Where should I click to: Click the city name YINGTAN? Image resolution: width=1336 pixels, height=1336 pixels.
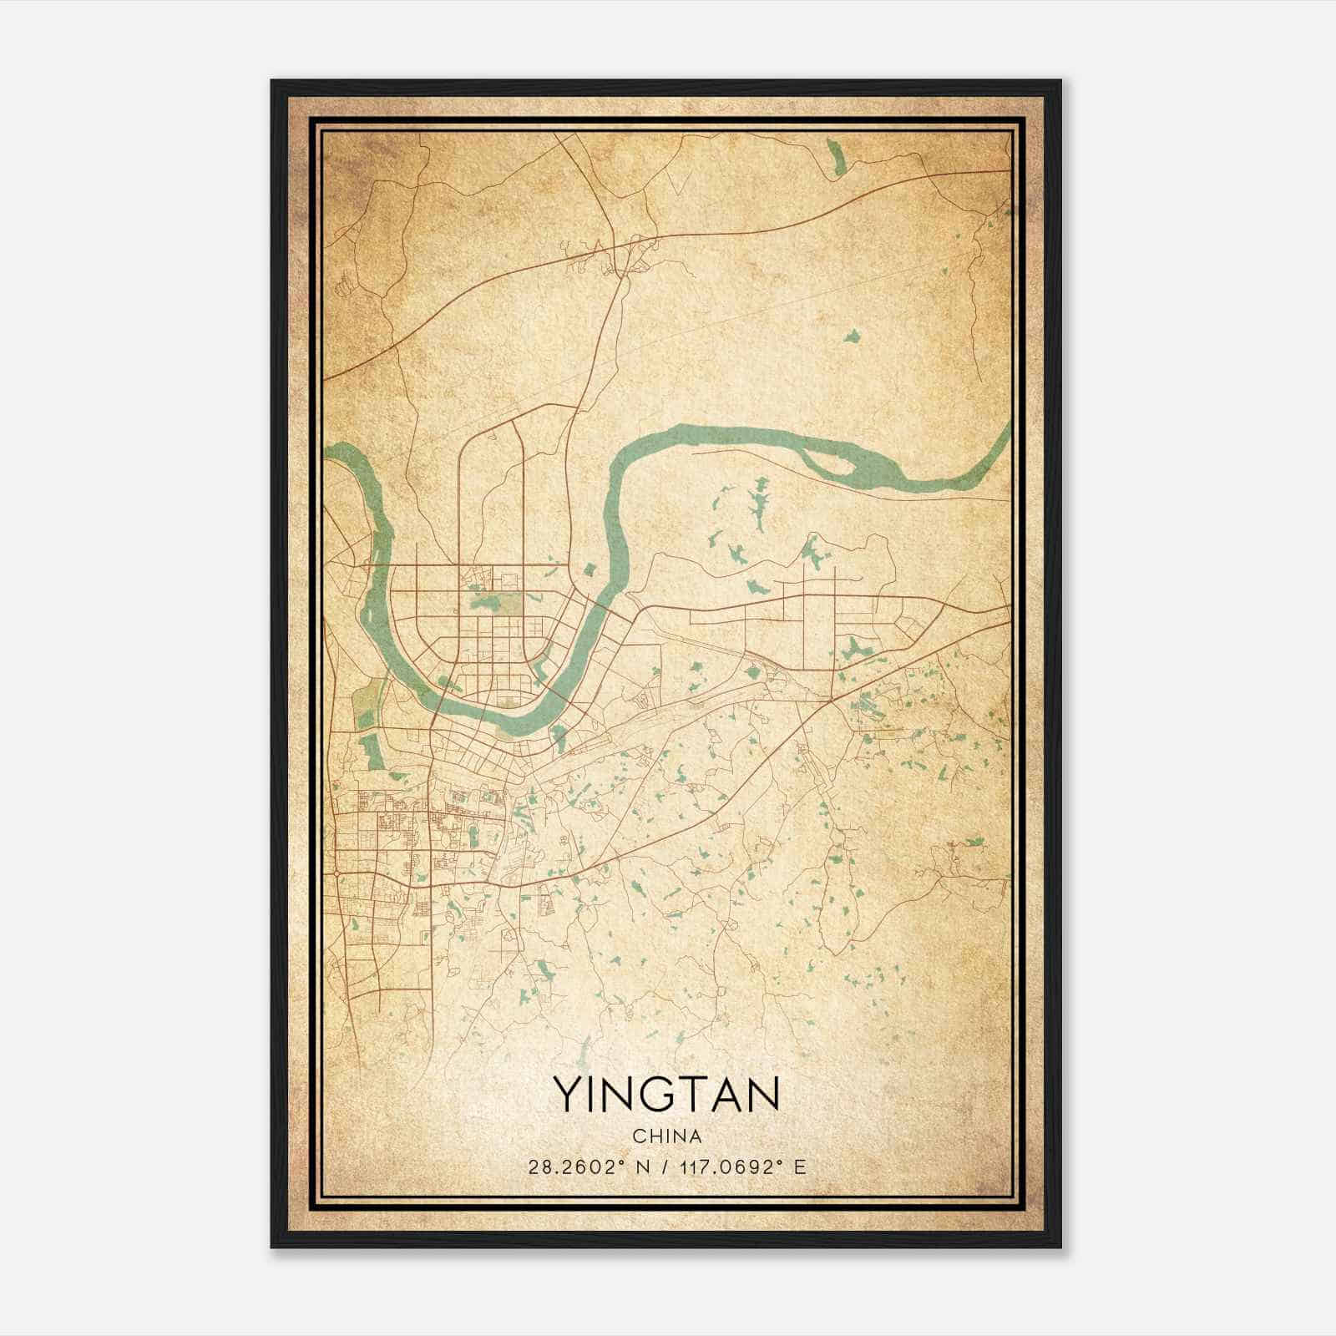666,1094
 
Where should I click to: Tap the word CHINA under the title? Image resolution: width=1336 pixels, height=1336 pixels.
666,1136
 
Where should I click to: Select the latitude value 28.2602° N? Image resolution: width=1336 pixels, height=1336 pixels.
589,1166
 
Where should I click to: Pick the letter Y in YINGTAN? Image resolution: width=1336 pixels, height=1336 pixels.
567,1094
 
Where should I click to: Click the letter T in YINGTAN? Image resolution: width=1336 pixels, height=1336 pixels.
691,1094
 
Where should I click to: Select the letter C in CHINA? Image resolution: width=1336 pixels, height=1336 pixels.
638,1136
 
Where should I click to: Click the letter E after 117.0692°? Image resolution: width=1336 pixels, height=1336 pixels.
801,1166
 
